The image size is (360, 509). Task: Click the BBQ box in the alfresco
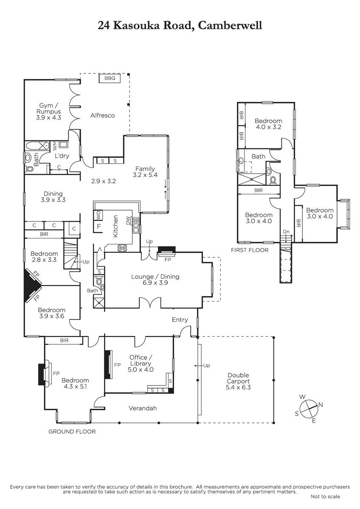click(110, 78)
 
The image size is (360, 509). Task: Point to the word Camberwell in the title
click(230, 25)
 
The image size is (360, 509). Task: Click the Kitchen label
click(115, 227)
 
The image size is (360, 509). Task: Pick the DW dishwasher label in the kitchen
click(128, 221)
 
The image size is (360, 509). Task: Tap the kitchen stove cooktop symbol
click(122, 248)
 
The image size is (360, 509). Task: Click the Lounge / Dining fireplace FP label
click(167, 260)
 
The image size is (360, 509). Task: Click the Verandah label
click(143, 408)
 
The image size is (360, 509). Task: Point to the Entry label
click(180, 320)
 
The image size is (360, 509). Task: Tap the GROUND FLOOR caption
click(72, 432)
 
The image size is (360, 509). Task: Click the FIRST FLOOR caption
click(250, 250)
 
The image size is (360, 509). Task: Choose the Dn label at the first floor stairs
click(286, 232)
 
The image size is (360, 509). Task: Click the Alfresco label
click(103, 115)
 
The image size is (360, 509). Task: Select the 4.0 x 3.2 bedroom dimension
click(268, 127)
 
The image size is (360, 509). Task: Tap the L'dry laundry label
click(62, 156)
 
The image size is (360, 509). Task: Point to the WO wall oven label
click(98, 215)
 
